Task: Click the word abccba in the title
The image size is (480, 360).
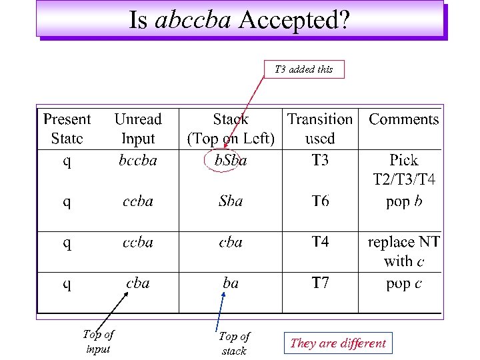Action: pos(193,20)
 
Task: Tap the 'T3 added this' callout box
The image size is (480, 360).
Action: pos(304,69)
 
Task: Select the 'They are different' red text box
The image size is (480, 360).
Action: pos(338,343)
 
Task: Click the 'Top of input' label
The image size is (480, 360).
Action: pos(98,341)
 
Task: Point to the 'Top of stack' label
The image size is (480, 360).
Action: pos(234,343)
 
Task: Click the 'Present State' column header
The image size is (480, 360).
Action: pos(67,129)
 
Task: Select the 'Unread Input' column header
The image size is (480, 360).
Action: pos(138,129)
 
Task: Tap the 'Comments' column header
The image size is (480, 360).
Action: pos(404,119)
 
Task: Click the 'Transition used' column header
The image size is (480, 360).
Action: pos(320,129)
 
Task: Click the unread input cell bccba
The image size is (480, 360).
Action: pos(138,161)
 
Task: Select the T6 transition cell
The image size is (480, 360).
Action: pos(320,201)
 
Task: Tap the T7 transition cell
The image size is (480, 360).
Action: pos(320,283)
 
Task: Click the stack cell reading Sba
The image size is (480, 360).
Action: pos(231,201)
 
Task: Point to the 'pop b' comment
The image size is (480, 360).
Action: pos(404,201)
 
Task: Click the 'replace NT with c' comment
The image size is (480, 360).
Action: pos(404,251)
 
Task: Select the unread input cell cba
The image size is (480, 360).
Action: pos(138,283)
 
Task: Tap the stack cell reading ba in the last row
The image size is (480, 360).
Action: pos(231,283)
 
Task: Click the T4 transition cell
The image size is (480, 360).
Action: pos(320,242)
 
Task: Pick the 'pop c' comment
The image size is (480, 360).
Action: pos(404,283)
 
